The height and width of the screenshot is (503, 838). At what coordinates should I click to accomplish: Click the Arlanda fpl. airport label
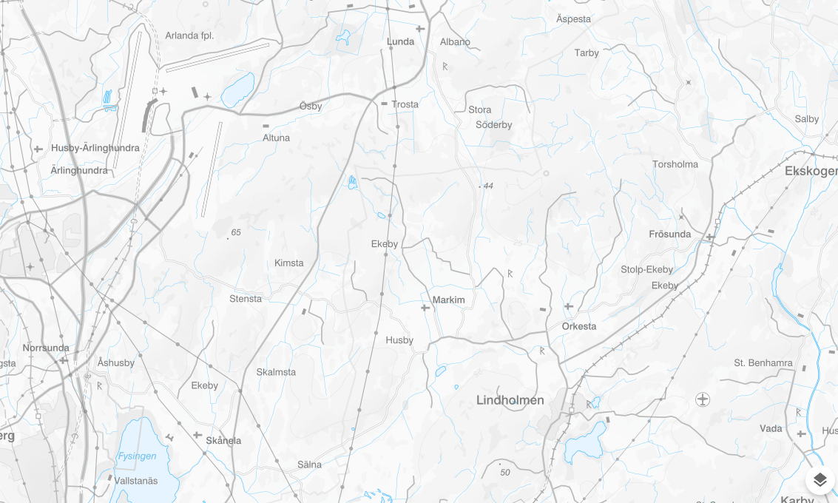coord(189,36)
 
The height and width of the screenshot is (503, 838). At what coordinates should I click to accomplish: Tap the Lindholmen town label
coord(510,400)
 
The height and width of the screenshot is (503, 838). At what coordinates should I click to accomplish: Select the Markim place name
coord(448,300)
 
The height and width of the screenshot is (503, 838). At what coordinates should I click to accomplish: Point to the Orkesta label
coord(578,326)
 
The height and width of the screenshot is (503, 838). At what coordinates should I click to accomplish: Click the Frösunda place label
coord(669,234)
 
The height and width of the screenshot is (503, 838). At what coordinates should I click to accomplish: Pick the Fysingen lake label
coord(137,456)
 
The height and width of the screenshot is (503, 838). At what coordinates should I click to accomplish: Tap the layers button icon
coord(820,480)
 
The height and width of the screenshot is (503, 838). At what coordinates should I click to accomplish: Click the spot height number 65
coord(236,232)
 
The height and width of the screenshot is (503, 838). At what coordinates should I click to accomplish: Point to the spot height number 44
coord(487,186)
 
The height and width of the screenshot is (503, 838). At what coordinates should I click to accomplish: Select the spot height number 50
coord(505,472)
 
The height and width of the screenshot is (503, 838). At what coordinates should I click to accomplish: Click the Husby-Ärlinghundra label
coord(95,148)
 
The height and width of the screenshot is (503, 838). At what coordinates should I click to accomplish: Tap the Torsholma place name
coord(675,164)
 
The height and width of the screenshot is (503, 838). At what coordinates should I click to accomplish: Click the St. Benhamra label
coord(763,363)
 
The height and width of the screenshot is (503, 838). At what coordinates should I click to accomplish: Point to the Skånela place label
coord(223,440)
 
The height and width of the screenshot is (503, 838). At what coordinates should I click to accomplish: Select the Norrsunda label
coord(46,348)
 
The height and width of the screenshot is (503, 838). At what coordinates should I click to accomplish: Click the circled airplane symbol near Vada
coord(703,399)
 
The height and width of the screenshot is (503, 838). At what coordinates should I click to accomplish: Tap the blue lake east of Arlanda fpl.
coord(238,89)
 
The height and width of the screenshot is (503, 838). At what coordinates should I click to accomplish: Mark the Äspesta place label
coord(573,19)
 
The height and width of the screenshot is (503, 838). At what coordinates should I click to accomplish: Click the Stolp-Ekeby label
coord(646,269)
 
